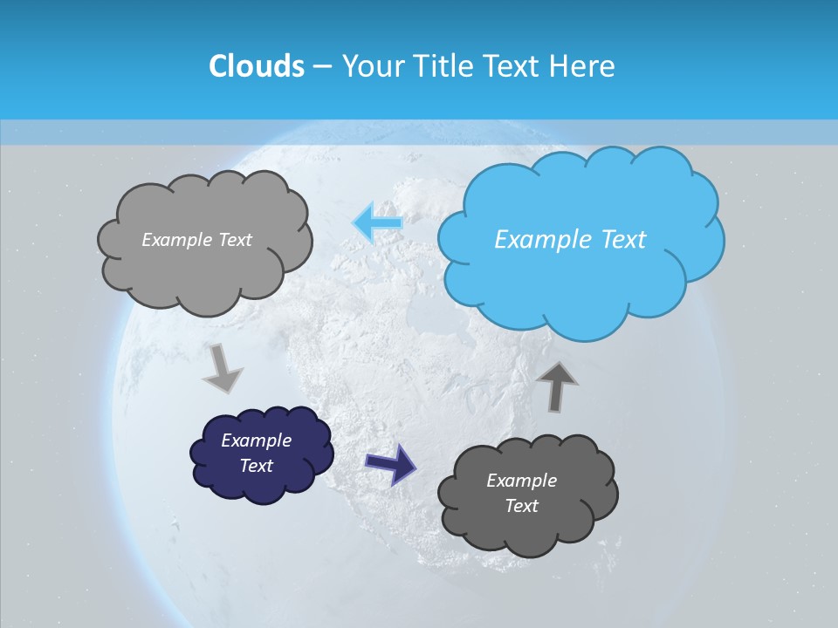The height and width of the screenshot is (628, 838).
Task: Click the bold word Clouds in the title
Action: (x=257, y=65)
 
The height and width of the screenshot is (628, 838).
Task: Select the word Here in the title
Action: (x=584, y=65)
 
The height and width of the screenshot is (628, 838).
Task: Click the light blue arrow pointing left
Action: (x=377, y=222)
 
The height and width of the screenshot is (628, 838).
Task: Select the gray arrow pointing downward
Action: (x=223, y=366)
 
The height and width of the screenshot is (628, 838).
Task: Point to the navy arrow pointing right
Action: (x=390, y=463)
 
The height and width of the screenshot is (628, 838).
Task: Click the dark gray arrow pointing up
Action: (x=557, y=386)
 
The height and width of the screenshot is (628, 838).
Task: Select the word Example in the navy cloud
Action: (x=256, y=440)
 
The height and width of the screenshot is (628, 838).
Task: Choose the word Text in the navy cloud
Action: (x=257, y=466)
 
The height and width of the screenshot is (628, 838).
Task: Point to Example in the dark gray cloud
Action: (x=521, y=481)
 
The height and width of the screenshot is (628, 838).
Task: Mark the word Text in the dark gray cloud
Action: (x=522, y=506)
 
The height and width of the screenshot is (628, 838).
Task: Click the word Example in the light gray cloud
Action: (x=178, y=240)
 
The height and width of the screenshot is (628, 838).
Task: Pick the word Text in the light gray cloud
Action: (x=235, y=240)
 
